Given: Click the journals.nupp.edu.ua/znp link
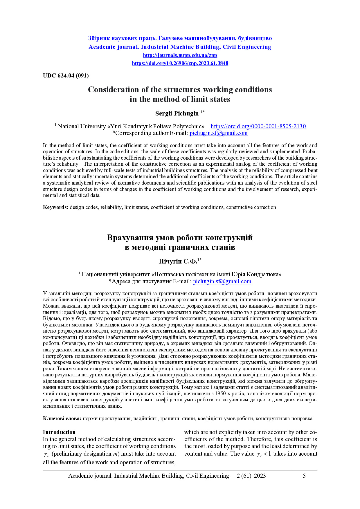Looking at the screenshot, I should click(x=180, y=55).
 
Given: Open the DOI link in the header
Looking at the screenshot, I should click(x=180, y=63).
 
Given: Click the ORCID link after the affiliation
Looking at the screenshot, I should click(x=258, y=126).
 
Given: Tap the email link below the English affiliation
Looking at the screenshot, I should click(x=218, y=133).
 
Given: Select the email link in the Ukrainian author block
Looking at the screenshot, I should click(x=222, y=281).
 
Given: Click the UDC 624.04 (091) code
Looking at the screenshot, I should click(x=66, y=76).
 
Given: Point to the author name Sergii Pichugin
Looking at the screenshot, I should click(x=177, y=113).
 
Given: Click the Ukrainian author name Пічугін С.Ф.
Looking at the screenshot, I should click(x=178, y=261).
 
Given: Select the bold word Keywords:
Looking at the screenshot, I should click(x=56, y=207).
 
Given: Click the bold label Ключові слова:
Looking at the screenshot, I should click(x=62, y=418).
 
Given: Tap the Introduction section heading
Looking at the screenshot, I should click(x=59, y=432).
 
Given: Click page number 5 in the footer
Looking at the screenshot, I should click(x=304, y=476).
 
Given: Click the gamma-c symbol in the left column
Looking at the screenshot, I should click(x=46, y=454).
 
